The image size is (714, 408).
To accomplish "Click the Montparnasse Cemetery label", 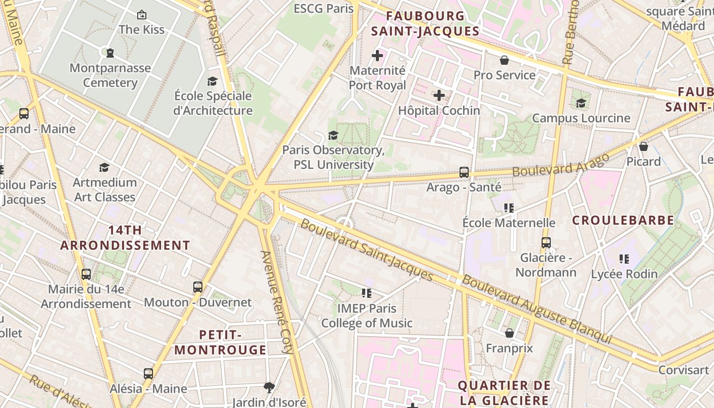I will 110,75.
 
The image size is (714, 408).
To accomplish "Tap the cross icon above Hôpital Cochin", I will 439,95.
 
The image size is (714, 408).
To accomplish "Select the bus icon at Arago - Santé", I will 464,172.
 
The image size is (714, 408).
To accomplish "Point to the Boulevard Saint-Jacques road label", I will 366,250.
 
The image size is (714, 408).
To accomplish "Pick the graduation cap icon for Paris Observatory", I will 333,135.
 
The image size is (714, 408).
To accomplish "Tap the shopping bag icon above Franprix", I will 509,333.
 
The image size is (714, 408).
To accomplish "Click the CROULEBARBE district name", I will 623,220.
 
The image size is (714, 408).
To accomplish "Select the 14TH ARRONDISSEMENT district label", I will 125,238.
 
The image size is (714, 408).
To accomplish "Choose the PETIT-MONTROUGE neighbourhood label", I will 220,342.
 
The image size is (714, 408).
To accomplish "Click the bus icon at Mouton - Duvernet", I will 198,287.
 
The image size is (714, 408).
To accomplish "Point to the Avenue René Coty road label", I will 277,302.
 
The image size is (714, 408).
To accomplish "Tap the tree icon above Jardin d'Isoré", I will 269,387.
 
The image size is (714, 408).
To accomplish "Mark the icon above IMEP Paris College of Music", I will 366,293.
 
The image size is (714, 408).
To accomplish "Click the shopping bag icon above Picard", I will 643,146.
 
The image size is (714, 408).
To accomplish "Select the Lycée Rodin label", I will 624,274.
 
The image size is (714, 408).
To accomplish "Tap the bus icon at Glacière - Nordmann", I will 546,242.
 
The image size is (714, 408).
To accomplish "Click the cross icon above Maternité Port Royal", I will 377,55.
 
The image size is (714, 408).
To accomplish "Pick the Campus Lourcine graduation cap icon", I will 581,103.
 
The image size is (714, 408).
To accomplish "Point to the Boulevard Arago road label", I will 560,164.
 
